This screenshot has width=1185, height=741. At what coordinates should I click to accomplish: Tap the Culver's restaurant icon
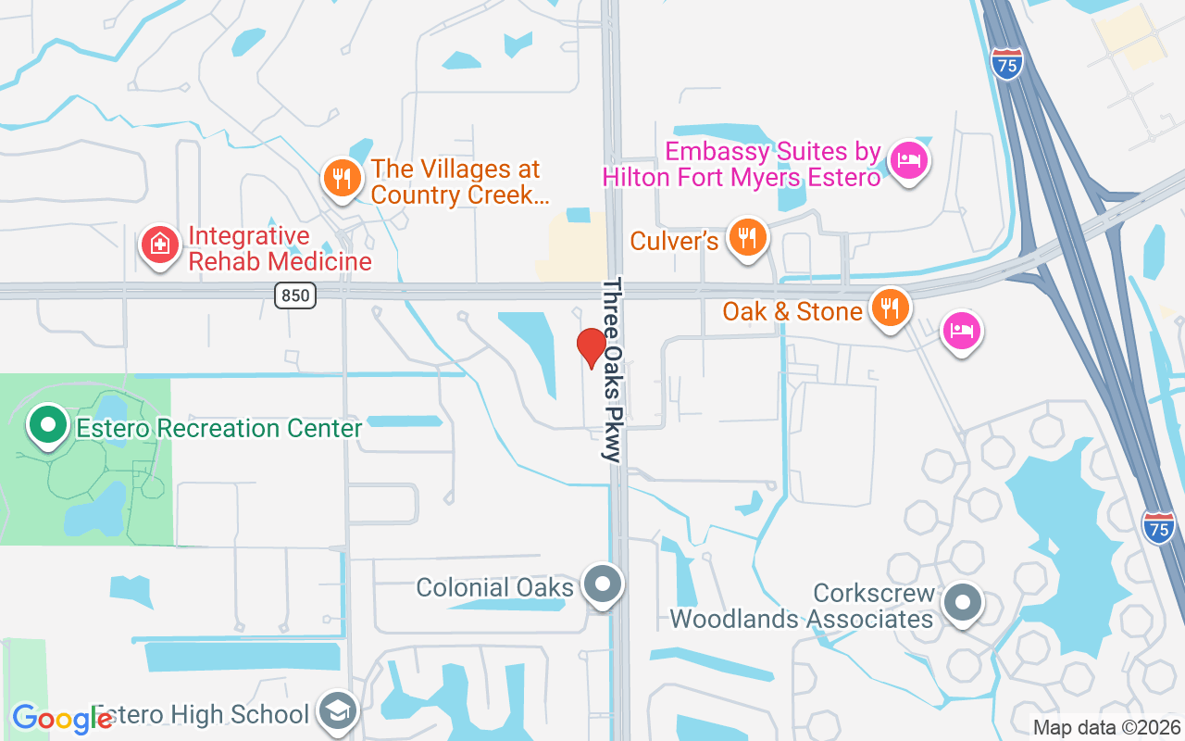pos(746,237)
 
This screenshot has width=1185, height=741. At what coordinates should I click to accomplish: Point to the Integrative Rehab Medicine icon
pos(160,245)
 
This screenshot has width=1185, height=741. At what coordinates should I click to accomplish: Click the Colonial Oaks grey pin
pos(604,584)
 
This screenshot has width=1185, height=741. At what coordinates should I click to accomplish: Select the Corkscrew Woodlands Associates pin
pos(963,603)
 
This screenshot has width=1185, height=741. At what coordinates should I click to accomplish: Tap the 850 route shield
pos(295,295)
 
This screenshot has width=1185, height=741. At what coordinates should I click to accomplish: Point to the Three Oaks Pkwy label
pos(613,370)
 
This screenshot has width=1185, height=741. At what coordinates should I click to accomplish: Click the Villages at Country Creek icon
pos(343,177)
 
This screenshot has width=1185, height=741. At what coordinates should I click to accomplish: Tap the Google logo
pos(62,719)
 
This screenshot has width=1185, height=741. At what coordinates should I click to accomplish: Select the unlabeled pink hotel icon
pos(962,330)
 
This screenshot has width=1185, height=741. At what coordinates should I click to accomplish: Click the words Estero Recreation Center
pos(218,429)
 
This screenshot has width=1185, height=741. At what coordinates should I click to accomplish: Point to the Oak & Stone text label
pos(792,311)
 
